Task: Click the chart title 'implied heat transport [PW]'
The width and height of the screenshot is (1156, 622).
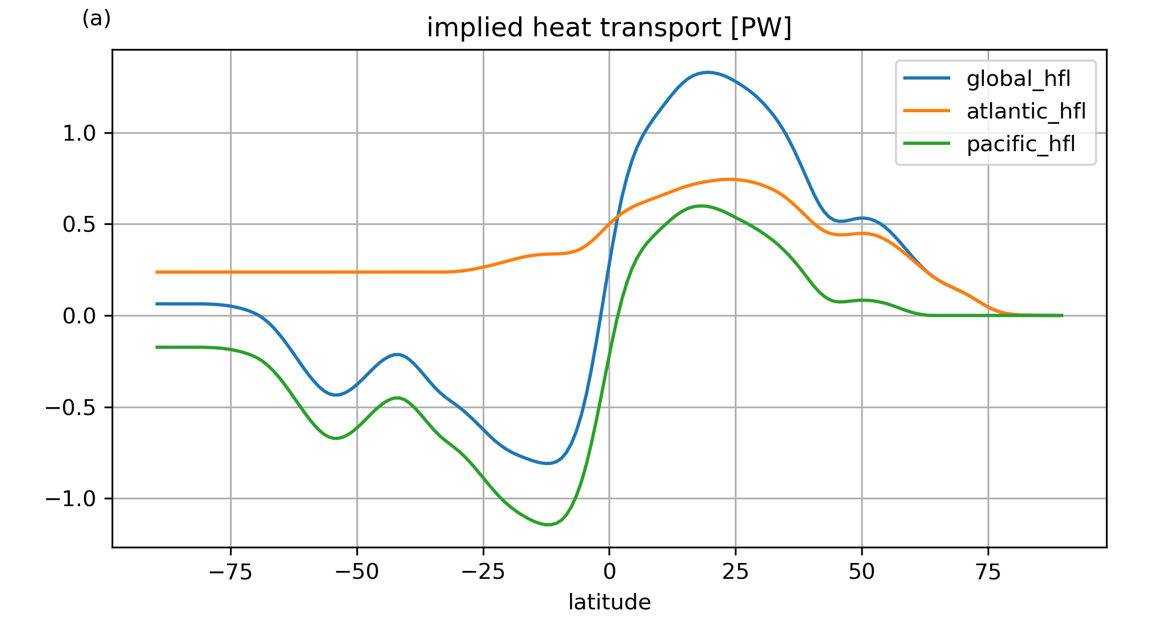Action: (609, 28)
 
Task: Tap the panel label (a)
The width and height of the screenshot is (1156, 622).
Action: (96, 19)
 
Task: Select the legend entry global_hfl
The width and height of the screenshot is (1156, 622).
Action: (1018, 79)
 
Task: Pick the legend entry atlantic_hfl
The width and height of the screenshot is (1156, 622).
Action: (1026, 112)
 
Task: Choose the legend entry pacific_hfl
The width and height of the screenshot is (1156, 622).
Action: (1020, 144)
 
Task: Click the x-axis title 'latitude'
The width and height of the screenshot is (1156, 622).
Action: (609, 602)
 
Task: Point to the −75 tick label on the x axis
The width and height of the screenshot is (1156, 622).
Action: (231, 572)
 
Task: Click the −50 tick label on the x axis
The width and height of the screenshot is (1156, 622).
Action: (357, 572)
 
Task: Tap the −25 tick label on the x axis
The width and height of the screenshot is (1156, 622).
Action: (483, 572)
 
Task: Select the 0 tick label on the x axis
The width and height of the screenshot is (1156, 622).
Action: (610, 572)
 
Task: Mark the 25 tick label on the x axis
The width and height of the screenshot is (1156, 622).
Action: (735, 572)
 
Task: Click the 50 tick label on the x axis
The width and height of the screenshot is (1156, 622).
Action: (862, 572)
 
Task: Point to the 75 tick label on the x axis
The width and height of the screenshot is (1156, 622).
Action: (988, 572)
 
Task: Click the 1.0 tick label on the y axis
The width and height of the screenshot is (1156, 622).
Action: (79, 134)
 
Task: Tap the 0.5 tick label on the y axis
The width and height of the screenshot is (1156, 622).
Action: (79, 225)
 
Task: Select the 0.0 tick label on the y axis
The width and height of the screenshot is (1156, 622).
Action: (79, 317)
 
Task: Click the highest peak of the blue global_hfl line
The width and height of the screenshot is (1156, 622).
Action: (707, 72)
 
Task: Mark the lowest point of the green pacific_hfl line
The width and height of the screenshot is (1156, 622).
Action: (548, 525)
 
